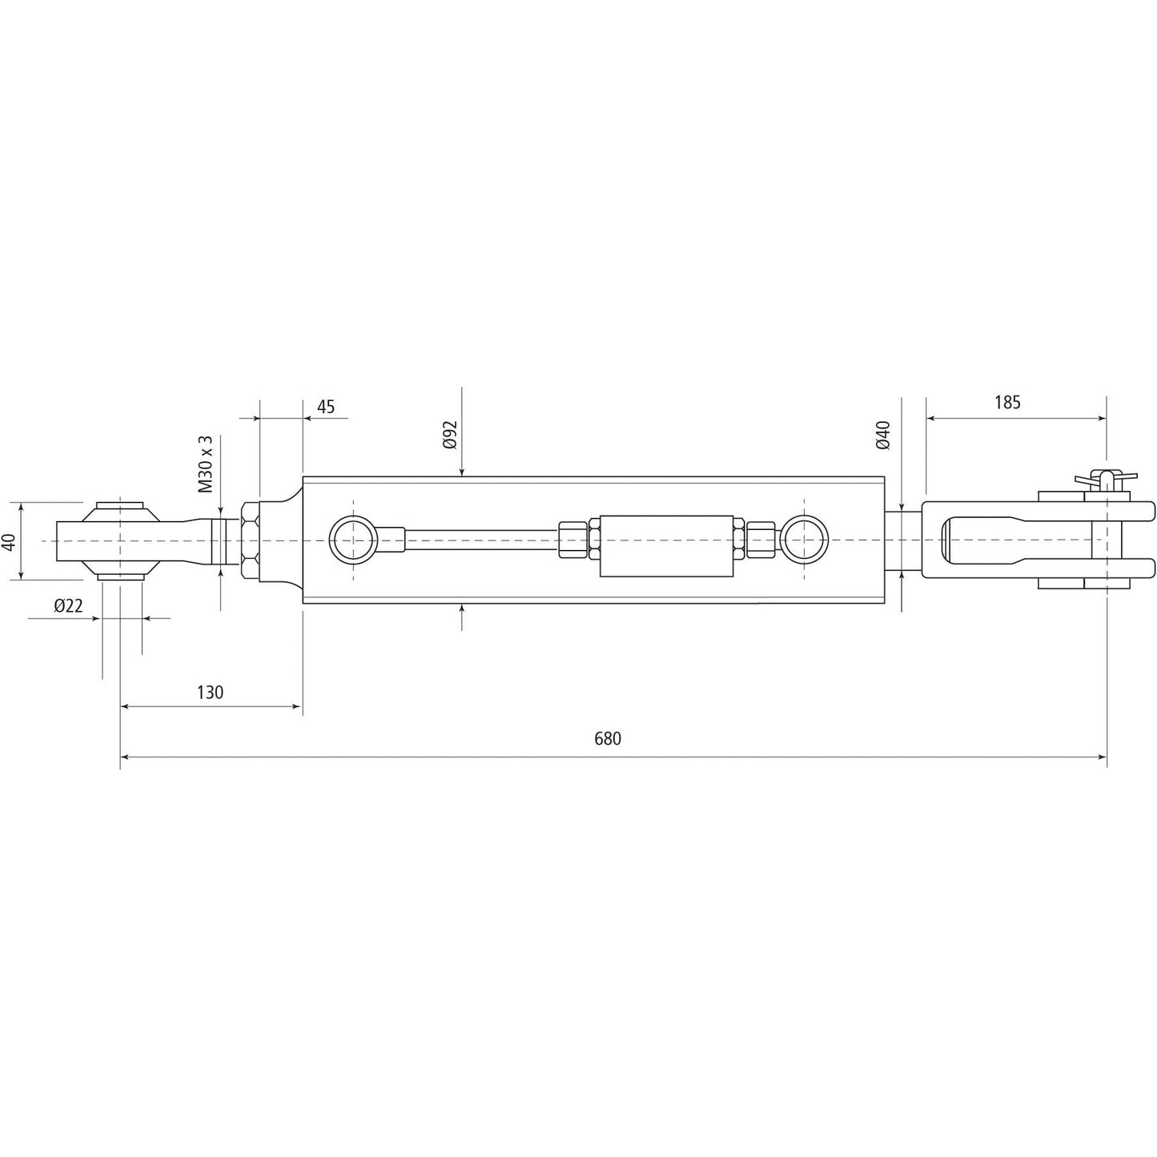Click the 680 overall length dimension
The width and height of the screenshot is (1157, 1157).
[608, 739]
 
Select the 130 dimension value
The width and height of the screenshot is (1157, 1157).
[210, 692]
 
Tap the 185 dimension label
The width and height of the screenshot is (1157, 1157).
[1007, 403]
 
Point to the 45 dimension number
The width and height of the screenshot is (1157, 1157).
[325, 407]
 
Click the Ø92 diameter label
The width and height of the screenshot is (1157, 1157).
[449, 433]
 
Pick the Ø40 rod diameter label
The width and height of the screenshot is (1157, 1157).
[883, 434]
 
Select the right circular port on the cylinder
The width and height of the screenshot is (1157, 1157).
[805, 540]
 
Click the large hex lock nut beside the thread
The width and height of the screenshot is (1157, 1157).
[250, 540]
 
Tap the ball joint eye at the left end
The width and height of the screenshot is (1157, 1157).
[120, 540]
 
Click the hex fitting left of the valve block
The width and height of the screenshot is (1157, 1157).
[572, 540]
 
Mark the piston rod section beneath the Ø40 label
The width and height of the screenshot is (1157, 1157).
[902, 540]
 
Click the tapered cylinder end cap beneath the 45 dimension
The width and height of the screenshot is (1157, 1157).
[280, 540]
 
